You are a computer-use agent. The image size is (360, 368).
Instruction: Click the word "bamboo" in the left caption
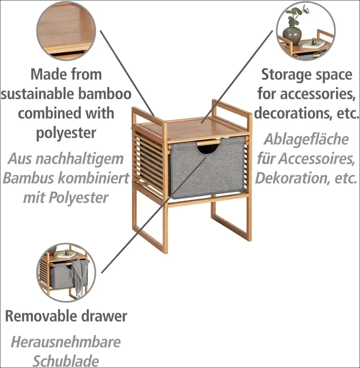tap(105, 94)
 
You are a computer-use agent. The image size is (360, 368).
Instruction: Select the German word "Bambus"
tap(29, 178)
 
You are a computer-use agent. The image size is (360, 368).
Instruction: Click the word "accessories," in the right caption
tap(317, 94)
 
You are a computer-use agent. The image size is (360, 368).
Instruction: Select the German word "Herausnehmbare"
tap(66, 342)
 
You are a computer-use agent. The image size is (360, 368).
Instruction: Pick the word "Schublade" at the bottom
tap(66, 361)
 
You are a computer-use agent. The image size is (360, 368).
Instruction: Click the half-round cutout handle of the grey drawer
tap(207, 149)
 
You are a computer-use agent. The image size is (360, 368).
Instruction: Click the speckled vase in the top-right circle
tap(292, 35)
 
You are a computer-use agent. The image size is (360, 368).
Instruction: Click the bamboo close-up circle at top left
tap(66, 31)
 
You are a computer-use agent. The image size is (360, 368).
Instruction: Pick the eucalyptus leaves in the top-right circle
tap(296, 15)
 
